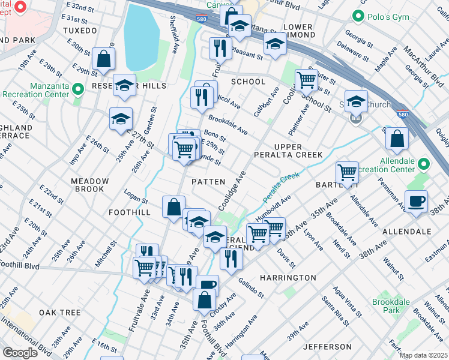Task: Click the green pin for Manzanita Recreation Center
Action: [77, 90]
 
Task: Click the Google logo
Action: [20, 352]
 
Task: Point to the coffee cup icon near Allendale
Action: [416, 201]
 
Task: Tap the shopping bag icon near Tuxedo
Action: [104, 59]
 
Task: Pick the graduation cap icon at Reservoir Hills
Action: [124, 85]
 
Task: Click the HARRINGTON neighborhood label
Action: [288, 278]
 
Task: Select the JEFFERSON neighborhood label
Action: [327, 347]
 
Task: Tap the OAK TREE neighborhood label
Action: [60, 313]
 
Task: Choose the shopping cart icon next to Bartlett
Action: [347, 172]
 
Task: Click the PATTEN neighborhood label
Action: [208, 181]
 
